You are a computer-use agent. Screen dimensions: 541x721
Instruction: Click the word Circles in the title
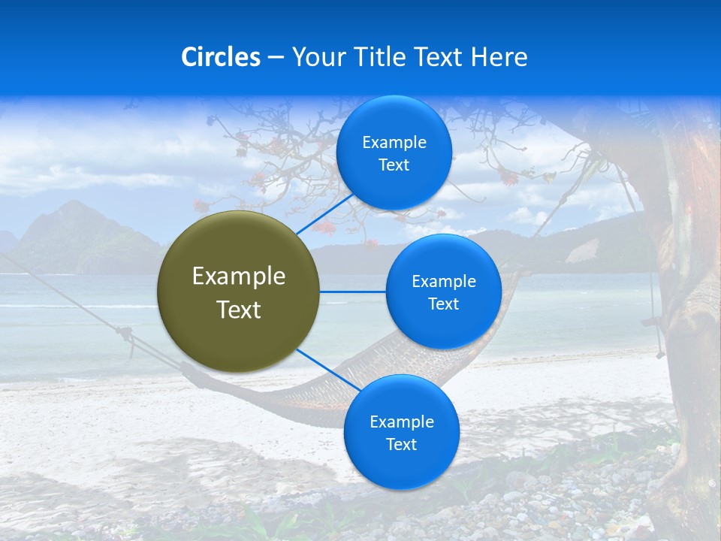pos(221,57)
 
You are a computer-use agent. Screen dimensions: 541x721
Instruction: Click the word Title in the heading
pos(379,57)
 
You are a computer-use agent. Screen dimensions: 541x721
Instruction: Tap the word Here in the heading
pos(499,57)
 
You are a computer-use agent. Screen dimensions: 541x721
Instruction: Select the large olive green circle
pos(239,292)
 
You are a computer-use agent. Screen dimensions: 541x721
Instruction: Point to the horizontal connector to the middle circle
pos(352,292)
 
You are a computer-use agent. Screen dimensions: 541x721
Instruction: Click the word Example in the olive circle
pos(239,277)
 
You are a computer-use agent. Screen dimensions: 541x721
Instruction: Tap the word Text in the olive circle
pos(239,310)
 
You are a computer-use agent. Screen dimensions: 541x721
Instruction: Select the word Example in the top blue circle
pos(394,143)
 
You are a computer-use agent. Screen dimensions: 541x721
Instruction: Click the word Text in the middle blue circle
pos(443,304)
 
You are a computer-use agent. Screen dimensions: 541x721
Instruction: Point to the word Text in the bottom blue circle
pos(401,444)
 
